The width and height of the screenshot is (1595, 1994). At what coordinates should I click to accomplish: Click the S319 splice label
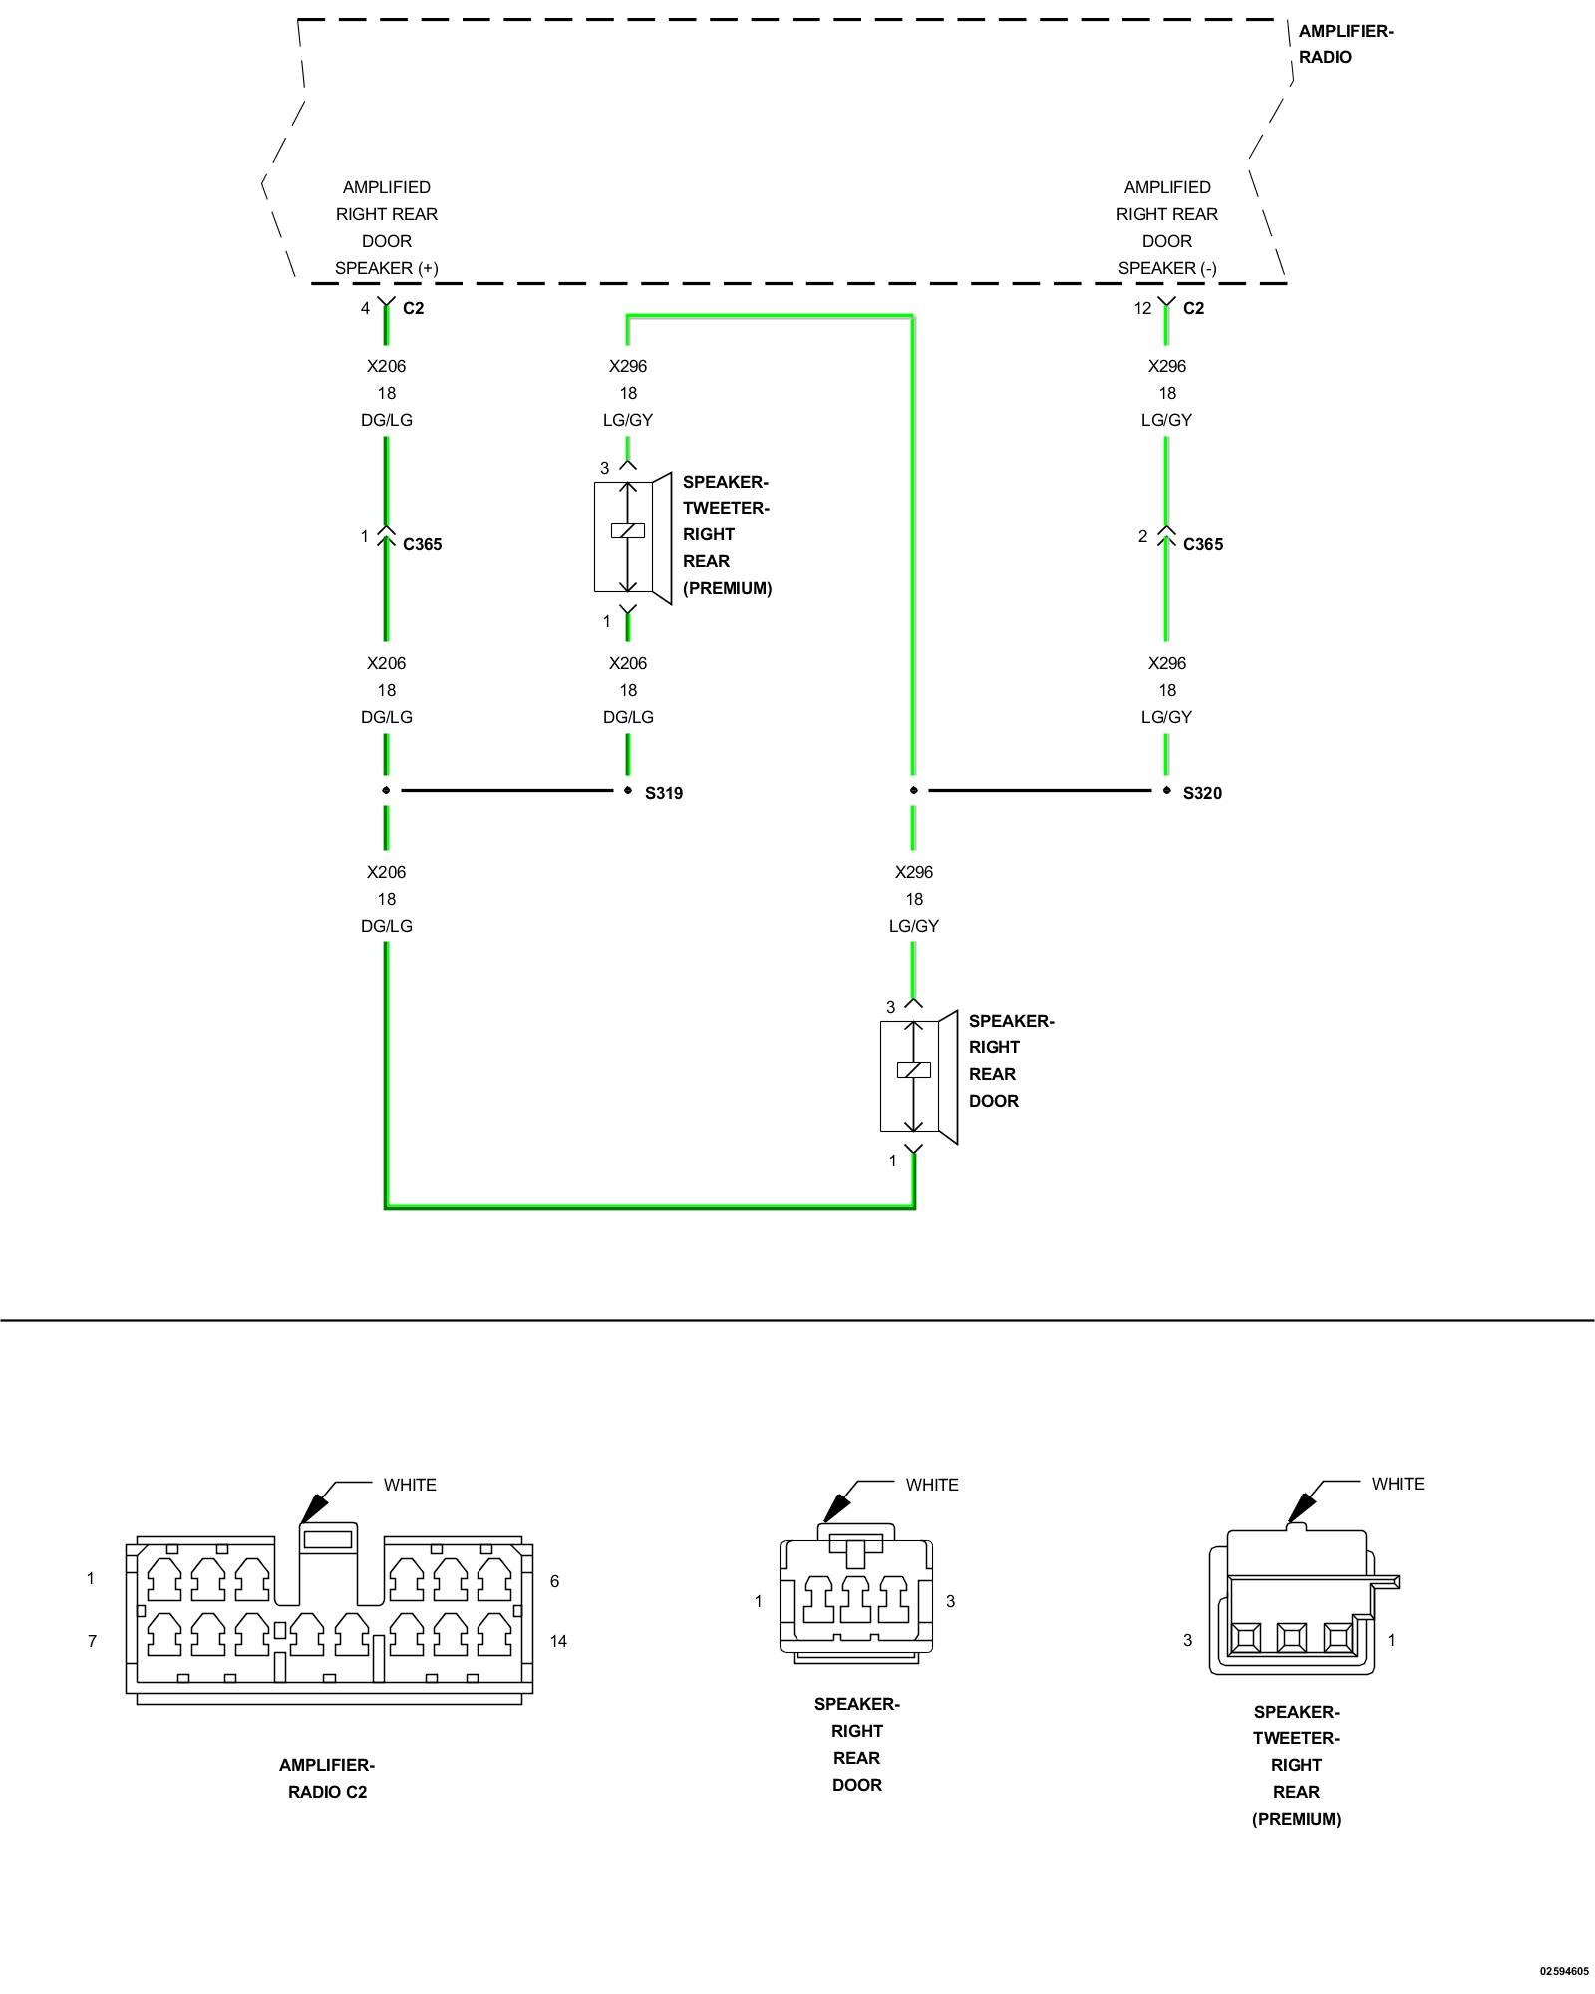(x=663, y=793)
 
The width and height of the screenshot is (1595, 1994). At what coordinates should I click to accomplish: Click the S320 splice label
(x=1202, y=793)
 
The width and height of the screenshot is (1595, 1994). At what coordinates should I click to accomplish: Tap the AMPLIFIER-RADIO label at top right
(x=1345, y=44)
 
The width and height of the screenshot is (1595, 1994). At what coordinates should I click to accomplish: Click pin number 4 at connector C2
(x=365, y=308)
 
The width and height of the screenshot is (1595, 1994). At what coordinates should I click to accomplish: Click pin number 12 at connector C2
(x=1142, y=308)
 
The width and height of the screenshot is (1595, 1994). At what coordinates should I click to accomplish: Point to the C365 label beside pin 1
(x=422, y=544)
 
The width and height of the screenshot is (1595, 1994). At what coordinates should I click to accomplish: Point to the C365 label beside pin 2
(x=1202, y=544)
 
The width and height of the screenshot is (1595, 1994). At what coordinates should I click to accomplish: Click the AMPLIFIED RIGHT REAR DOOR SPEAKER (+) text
(x=387, y=227)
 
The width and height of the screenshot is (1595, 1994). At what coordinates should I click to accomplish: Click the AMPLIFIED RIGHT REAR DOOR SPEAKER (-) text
(x=1167, y=227)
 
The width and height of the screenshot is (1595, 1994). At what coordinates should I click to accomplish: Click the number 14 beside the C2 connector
(x=558, y=1641)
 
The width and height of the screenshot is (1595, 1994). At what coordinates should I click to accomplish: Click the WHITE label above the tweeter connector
(x=1398, y=1484)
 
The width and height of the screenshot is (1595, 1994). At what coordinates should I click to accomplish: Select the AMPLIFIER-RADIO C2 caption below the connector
(x=327, y=1778)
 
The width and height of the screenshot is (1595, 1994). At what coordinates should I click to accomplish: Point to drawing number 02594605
(x=1564, y=1971)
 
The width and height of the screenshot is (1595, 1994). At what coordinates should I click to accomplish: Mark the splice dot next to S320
(x=1167, y=790)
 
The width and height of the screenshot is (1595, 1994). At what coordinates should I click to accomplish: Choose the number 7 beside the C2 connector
(x=93, y=1641)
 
